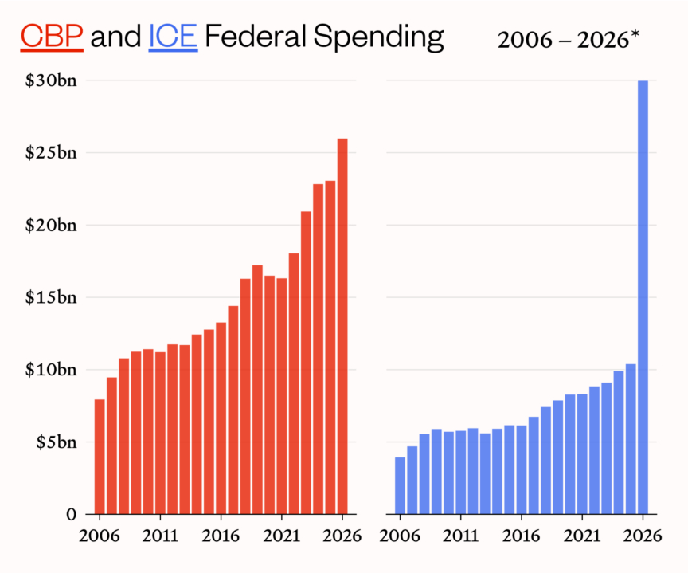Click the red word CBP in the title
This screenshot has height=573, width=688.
point(52,36)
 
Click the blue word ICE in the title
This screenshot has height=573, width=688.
point(173,36)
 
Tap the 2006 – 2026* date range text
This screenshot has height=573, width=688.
point(569,40)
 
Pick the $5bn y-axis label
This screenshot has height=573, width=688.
point(57,442)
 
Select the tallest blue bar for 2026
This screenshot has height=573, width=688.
point(643,296)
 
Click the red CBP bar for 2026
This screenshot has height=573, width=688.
point(342,326)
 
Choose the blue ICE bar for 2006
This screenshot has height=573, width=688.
point(400,485)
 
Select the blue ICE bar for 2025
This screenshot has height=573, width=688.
point(631,438)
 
